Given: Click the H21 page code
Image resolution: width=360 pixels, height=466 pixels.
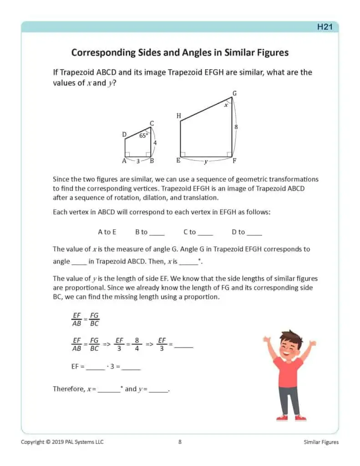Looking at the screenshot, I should tap(325, 27).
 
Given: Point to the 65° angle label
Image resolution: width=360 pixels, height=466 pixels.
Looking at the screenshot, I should tap(143, 135).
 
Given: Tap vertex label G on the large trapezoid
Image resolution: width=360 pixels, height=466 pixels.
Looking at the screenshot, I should tap(234, 93).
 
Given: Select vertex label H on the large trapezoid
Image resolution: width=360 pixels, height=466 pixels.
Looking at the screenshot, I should tap(178, 116).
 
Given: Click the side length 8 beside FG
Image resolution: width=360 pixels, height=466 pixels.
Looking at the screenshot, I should tap(236, 127).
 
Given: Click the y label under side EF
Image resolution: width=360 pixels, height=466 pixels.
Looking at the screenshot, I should tap(206, 162).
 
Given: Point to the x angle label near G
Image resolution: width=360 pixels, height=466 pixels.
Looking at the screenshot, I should tap(226, 105).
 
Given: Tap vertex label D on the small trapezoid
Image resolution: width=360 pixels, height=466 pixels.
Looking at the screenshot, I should tap(124, 134).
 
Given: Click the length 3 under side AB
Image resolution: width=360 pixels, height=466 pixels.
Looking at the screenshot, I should tap(138, 161).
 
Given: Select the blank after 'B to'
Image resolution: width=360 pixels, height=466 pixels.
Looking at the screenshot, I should tap(157, 233).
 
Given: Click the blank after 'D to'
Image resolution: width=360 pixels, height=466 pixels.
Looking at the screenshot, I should tap(254, 233).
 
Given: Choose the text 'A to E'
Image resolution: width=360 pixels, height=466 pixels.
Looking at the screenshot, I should tap(107, 232).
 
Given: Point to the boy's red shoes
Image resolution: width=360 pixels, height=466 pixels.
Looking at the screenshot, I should tap(291, 417).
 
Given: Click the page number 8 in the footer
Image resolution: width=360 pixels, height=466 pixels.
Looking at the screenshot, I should tap(180, 442).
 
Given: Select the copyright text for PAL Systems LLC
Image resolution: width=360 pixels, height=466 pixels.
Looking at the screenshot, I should tap(62, 442).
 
